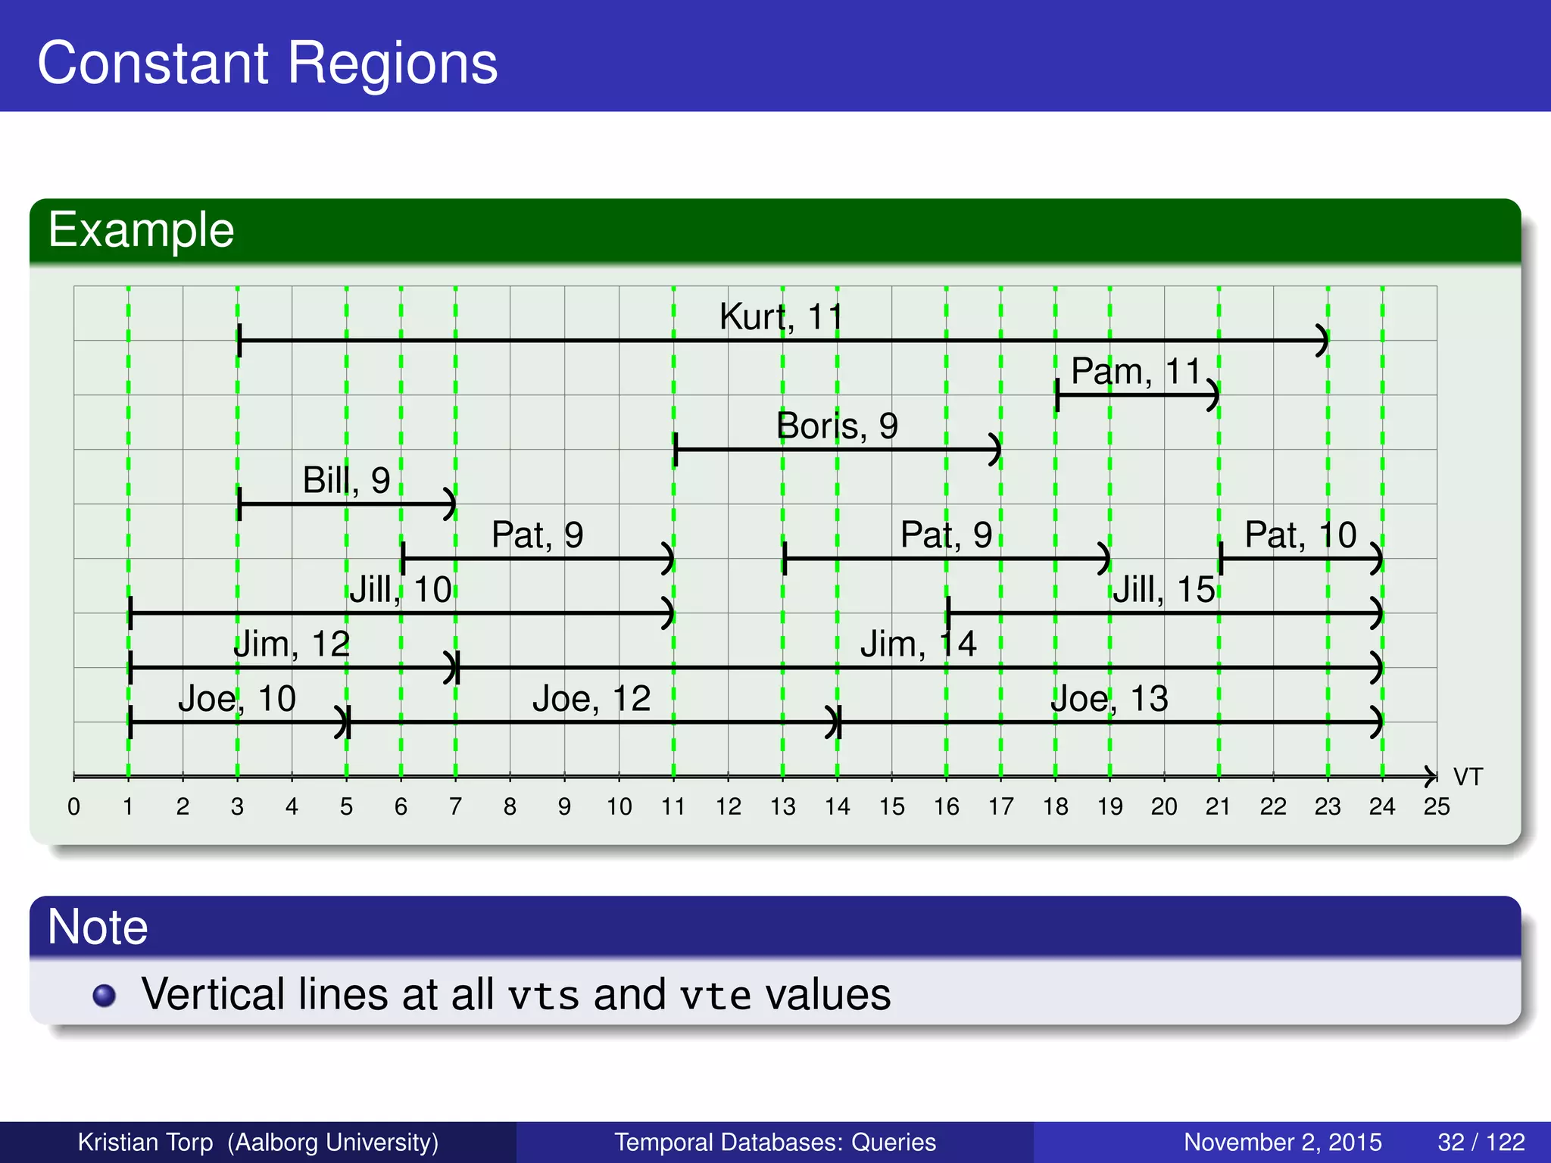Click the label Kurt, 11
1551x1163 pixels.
[781, 316]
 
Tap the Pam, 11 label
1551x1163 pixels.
[1136, 372]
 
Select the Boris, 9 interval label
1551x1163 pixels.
[837, 426]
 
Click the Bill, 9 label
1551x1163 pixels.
[346, 480]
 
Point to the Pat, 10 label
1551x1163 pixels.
[1300, 535]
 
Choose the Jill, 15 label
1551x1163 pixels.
[1163, 590]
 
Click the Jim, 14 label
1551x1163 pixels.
[918, 644]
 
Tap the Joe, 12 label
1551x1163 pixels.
[591, 699]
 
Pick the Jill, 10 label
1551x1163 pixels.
[400, 590]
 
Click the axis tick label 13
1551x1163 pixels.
[782, 807]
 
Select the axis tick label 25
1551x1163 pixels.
[1436, 807]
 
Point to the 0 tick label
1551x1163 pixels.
[73, 807]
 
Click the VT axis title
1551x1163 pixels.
[1468, 777]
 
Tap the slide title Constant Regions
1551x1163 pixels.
[267, 63]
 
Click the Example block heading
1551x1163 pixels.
[141, 230]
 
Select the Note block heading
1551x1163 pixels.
[97, 927]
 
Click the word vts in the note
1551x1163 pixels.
[543, 995]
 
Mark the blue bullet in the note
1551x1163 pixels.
[105, 995]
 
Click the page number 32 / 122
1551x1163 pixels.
[1481, 1142]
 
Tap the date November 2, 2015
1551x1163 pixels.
[1282, 1142]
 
